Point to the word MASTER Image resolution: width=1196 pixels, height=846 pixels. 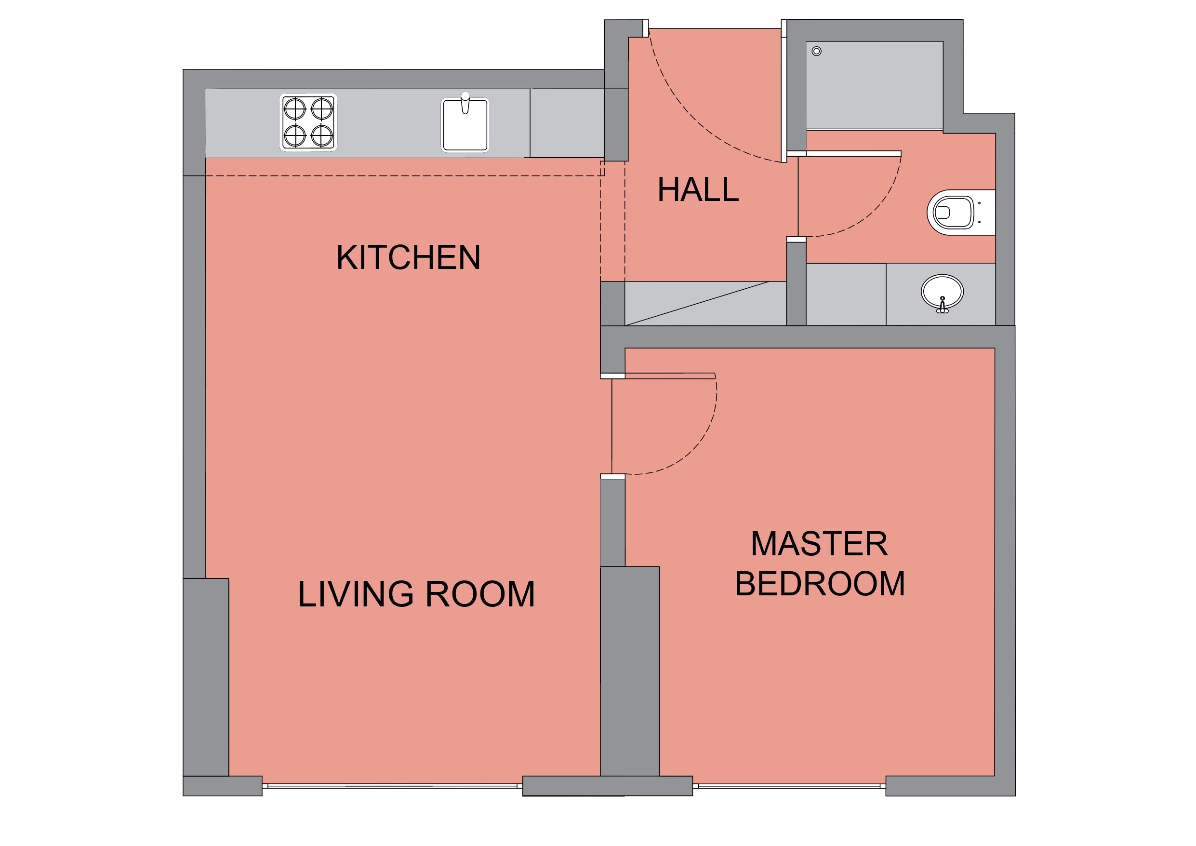point(819,544)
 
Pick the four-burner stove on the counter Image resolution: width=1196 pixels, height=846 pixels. point(308,122)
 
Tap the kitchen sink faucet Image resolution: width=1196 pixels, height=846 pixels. point(465,103)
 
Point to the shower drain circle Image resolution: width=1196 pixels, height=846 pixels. point(817,51)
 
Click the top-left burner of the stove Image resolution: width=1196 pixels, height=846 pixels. point(294,109)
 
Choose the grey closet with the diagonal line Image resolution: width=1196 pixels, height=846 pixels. point(705,303)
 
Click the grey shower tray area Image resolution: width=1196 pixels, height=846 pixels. point(875,85)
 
